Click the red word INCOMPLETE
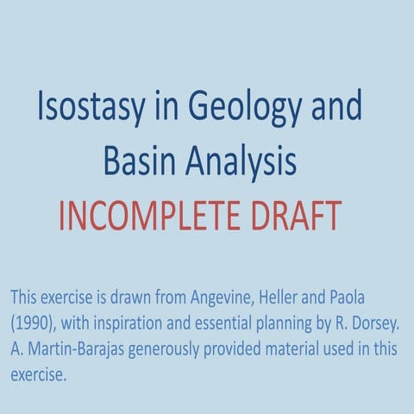154,216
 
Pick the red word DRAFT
298,216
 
